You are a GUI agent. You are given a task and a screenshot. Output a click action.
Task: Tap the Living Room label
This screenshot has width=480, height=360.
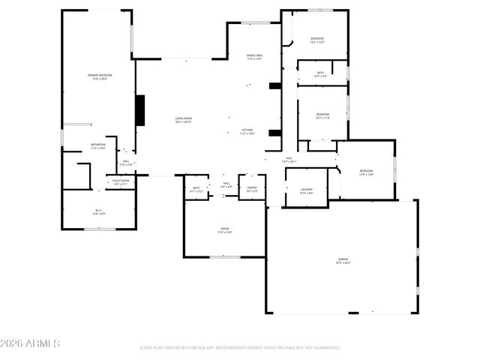pyautogui.click(x=184, y=119)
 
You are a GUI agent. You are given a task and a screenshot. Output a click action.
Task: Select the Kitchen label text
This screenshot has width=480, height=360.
pyautogui.click(x=247, y=131)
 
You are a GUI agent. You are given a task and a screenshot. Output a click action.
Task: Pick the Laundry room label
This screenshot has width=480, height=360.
pyautogui.click(x=306, y=191)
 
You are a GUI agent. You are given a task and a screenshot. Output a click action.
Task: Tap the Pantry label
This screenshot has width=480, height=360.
pyautogui.click(x=252, y=189)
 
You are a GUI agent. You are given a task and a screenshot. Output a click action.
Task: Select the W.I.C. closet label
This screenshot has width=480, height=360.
pyautogui.click(x=98, y=211)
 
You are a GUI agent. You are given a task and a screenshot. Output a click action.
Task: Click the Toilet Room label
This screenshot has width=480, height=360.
pyautogui.click(x=121, y=181)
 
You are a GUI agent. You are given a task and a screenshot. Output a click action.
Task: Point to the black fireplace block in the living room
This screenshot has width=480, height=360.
pyautogui.click(x=139, y=110)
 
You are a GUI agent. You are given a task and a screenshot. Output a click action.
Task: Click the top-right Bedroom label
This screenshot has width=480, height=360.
pyautogui.click(x=317, y=40)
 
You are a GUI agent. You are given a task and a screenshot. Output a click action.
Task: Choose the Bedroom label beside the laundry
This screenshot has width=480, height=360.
pyautogui.click(x=366, y=172)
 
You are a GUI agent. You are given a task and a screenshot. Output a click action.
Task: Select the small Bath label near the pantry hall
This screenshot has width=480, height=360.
pyautogui.click(x=196, y=189)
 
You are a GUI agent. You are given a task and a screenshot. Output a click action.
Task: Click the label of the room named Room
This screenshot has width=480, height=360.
pyautogui.click(x=225, y=230)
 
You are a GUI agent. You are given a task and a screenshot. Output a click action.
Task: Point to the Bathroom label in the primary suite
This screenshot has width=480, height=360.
pyautogui.click(x=98, y=146)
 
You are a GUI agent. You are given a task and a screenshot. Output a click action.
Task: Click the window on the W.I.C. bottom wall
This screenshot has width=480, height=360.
pyautogui.click(x=99, y=229)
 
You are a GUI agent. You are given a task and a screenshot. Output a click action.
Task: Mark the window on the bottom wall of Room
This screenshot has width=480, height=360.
pyautogui.click(x=225, y=257)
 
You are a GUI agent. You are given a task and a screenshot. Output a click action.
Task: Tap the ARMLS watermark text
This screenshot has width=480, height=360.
pyautogui.click(x=30, y=343)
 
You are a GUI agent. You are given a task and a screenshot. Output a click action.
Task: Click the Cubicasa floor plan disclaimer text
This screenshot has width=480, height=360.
pyautogui.click(x=240, y=347)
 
